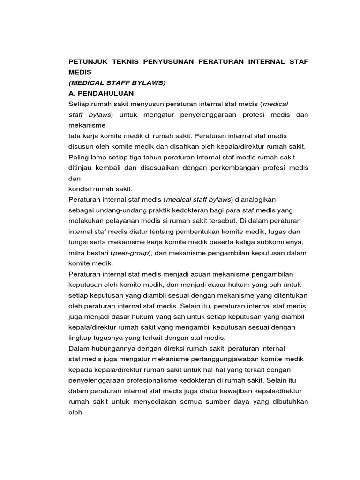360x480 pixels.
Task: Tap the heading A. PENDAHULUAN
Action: [101, 94]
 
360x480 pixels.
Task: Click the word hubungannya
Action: [114, 348]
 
